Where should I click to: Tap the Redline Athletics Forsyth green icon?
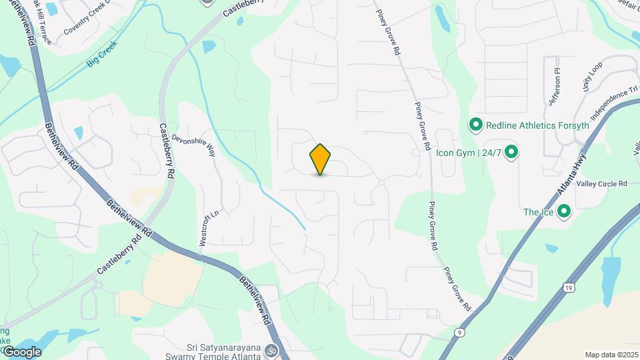tap(476, 125)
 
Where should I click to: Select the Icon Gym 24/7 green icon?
tap(511, 153)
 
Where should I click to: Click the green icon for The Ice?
tap(564, 212)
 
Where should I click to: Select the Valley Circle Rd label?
tap(602, 184)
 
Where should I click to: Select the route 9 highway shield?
tap(459, 331)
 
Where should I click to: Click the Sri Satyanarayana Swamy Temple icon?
tap(270, 349)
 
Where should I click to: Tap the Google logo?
tap(22, 351)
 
